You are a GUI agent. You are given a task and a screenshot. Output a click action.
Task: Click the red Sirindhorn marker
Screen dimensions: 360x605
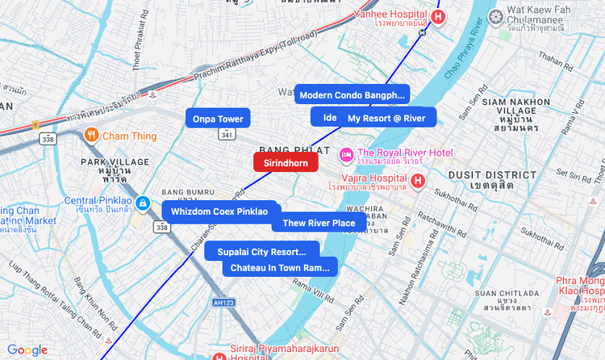tap(286, 162)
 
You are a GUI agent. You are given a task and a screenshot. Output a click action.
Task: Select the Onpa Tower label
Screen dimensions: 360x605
tap(218, 119)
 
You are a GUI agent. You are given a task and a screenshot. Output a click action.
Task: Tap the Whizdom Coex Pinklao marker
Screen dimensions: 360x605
tap(219, 211)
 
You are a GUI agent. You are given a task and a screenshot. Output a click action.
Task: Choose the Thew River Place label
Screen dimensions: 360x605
tap(319, 223)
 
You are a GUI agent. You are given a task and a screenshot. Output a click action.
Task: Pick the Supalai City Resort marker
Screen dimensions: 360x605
tap(262, 251)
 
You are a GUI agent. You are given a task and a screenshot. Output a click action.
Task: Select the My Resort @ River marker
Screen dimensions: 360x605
tap(386, 118)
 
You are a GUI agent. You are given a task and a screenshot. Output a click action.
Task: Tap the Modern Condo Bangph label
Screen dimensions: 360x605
tap(352, 95)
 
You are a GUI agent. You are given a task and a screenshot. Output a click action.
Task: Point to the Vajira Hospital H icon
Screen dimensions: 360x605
tap(418, 179)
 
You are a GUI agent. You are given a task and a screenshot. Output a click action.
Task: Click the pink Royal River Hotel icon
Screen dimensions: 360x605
tap(346, 153)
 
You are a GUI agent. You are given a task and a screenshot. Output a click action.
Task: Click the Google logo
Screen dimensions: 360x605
tap(27, 350)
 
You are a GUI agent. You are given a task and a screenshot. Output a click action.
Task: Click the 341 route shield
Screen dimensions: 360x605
tap(227, 135)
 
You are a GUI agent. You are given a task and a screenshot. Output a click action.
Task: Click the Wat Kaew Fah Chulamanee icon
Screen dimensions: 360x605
tap(495, 16)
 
